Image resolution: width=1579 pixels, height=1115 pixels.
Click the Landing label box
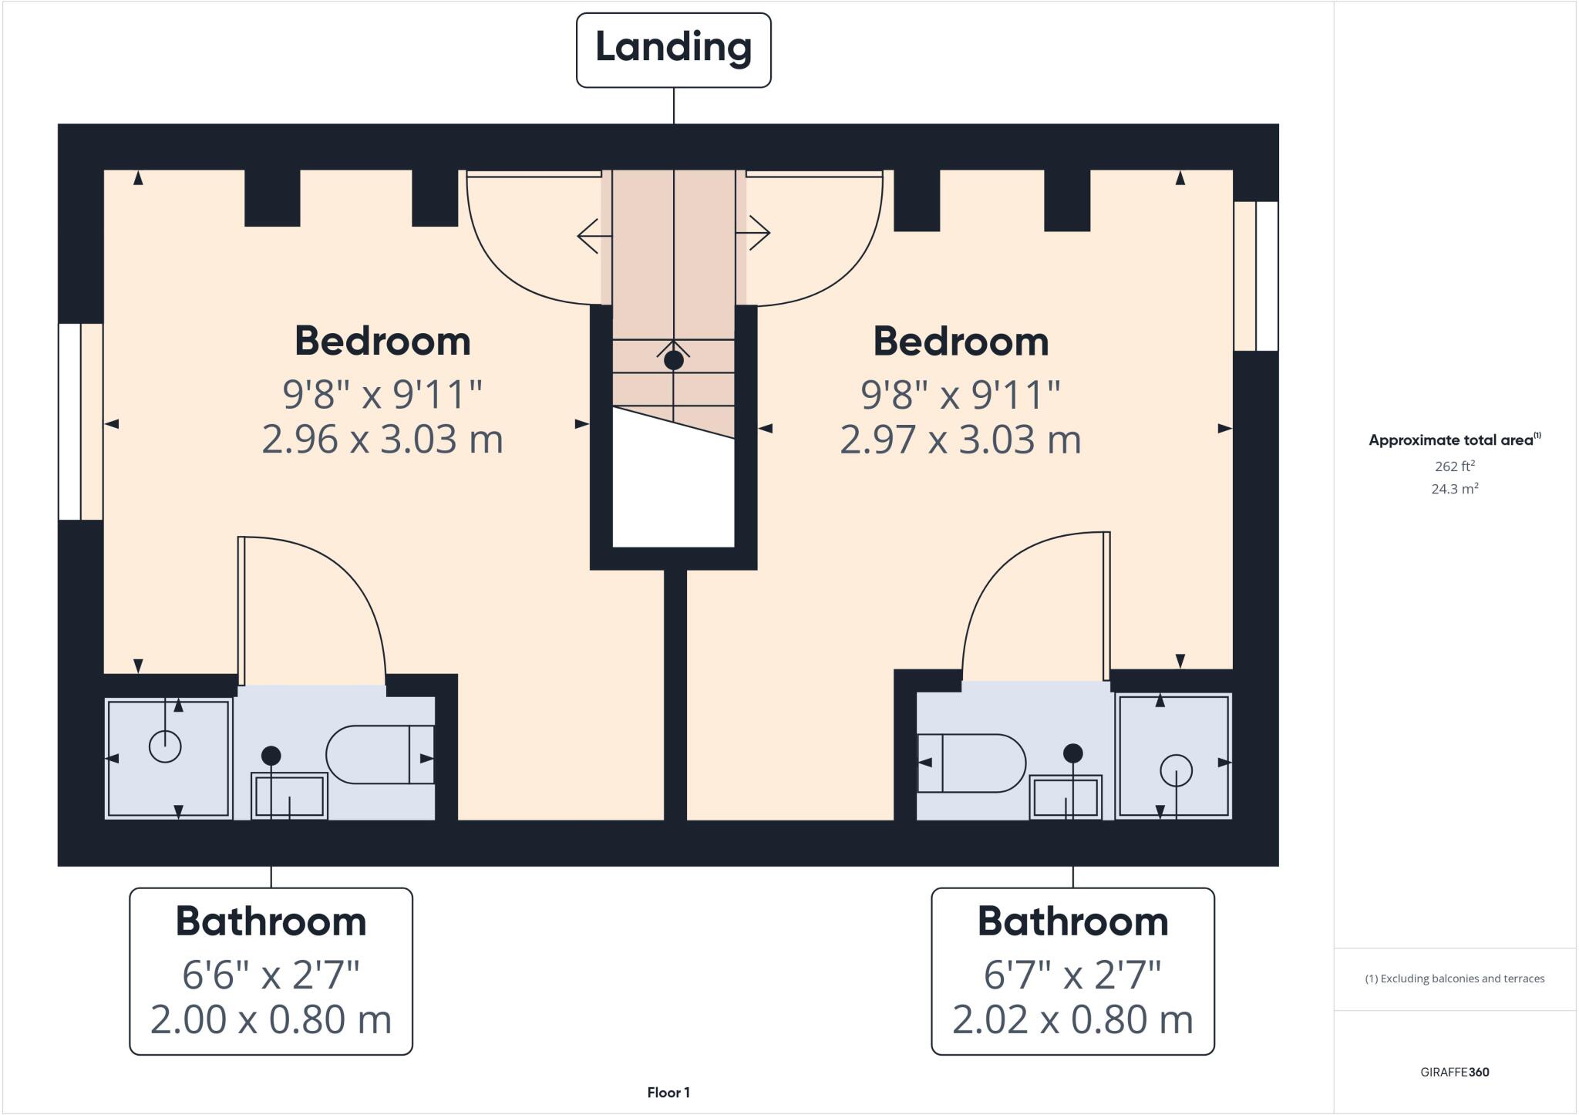tap(673, 49)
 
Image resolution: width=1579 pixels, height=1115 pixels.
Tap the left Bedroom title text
tap(382, 341)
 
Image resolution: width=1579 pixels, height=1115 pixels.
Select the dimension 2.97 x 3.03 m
tap(960, 440)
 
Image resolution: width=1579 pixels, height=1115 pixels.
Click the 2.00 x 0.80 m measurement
tap(271, 1019)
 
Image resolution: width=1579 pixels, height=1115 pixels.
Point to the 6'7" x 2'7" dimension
tap(1072, 975)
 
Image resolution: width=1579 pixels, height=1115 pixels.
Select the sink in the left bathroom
tap(289, 796)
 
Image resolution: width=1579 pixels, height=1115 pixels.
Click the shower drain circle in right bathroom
tap(1176, 770)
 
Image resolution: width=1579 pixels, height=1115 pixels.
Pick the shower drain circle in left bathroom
tap(164, 746)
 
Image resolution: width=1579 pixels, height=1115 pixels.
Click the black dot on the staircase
tap(673, 360)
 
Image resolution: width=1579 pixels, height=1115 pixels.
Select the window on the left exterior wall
tap(81, 421)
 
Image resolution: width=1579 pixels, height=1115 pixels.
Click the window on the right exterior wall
tap(1255, 276)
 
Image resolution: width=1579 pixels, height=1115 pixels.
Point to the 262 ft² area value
tap(1454, 466)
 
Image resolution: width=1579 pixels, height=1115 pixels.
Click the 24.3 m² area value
tap(1454, 489)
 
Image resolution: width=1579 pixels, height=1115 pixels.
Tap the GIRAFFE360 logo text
tap(1454, 1072)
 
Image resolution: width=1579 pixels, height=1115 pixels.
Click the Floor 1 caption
tap(668, 1092)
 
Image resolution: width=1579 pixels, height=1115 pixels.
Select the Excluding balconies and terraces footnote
tap(1454, 979)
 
